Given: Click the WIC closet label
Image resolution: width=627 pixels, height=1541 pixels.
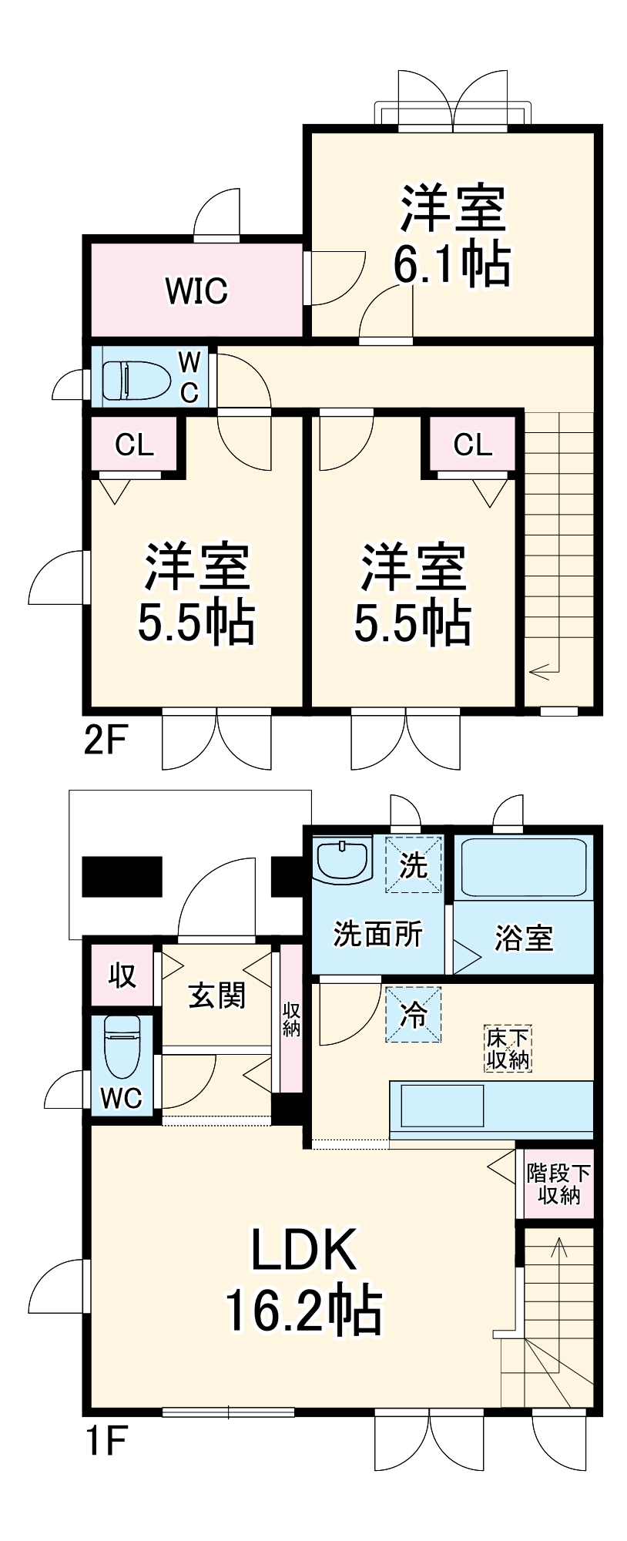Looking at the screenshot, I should point(196,290).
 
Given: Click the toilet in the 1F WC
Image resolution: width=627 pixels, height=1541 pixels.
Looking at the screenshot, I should point(122,1048).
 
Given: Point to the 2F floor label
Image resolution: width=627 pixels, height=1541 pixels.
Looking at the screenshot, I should point(104,741).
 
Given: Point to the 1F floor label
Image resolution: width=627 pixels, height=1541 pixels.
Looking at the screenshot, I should point(104,1442).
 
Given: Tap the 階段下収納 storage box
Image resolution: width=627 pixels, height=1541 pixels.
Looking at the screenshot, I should point(558,1183).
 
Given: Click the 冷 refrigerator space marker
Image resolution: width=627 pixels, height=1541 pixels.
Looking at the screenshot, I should point(414,1014).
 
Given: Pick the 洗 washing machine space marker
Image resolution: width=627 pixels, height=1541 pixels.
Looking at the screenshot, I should point(414,865).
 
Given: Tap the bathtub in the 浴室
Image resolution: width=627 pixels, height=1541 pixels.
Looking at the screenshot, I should point(521,867).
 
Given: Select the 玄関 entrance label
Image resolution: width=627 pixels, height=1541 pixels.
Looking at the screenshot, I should point(217,995).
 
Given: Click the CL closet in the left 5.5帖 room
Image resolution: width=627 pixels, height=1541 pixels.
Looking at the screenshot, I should point(135,445).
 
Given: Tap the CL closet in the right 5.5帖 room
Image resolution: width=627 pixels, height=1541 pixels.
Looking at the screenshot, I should point(472,445).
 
